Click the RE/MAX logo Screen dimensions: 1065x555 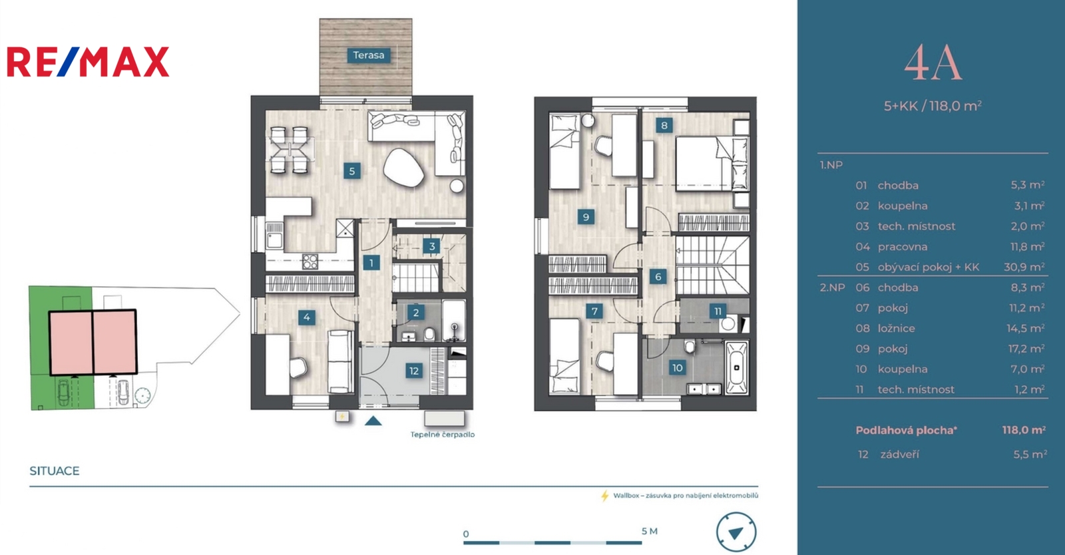[88, 62]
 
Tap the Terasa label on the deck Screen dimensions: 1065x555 [369, 55]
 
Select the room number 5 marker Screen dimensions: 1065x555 [352, 171]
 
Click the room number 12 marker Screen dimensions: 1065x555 [413, 371]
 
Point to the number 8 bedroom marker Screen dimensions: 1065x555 [664, 126]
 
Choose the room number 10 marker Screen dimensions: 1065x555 [677, 367]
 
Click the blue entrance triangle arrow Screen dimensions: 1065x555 [373, 421]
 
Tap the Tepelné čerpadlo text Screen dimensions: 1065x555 [443, 435]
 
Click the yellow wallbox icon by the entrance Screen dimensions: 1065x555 [342, 417]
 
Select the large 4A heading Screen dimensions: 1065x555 [933, 64]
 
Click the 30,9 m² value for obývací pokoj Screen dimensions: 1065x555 [1024, 267]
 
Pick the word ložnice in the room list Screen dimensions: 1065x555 [896, 328]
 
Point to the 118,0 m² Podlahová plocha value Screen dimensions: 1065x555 [1024, 430]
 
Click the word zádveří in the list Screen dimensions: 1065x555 [899, 455]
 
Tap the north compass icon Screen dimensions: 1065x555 [736, 532]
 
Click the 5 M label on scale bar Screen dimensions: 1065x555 [650, 531]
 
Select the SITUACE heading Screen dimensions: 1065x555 [54, 471]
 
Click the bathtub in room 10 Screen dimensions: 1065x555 [736, 367]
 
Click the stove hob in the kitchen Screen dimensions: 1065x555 [310, 262]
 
